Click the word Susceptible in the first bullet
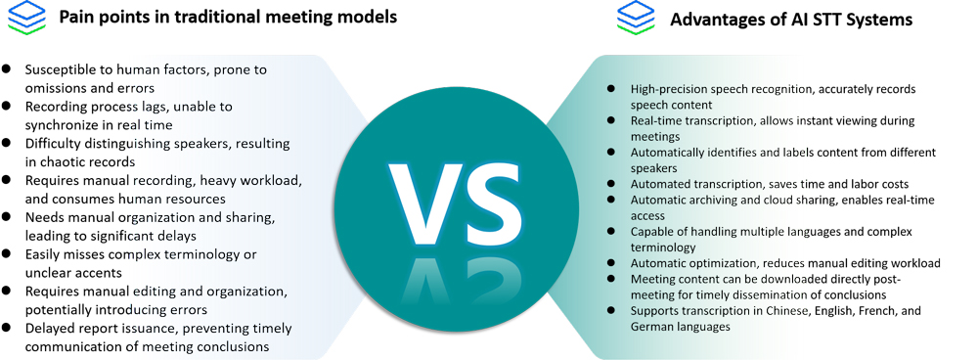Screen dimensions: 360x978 63,69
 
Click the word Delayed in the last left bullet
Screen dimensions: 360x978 50,329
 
